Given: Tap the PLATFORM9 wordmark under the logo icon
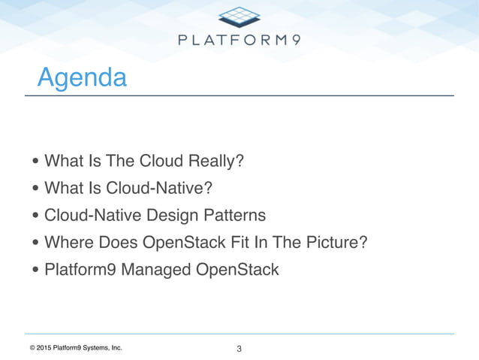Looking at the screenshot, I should tap(239, 40).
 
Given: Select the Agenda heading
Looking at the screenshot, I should tap(82, 77).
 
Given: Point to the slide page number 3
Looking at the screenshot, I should tap(239, 349).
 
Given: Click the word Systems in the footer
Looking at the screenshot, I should tap(98, 348).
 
